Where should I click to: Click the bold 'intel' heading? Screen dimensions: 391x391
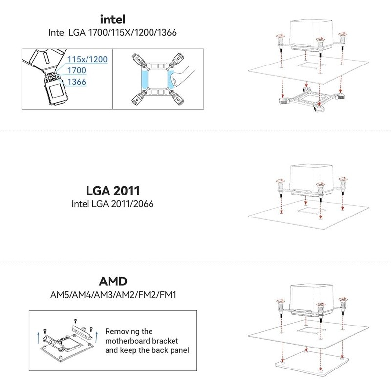pos(113,21)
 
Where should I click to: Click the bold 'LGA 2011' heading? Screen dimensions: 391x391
pos(113,190)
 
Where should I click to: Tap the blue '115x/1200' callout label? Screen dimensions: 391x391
pos(87,59)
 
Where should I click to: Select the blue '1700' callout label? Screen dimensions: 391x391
pos(77,70)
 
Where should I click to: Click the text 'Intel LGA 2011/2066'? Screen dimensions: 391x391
pos(113,203)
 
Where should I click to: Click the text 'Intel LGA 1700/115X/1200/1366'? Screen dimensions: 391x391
pos(113,33)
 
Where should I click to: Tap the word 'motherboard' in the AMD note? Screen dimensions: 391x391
pos(128,341)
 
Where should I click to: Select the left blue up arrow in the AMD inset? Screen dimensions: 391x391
pos(38,337)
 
